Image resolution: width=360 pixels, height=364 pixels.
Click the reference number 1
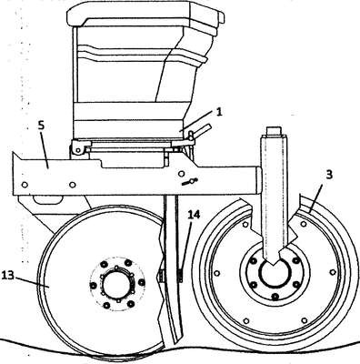[x=219, y=112]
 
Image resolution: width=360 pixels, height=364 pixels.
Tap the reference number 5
[x=41, y=126]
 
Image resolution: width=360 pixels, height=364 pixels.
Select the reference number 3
[x=329, y=175]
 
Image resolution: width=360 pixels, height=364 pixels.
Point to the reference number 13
[x=8, y=276]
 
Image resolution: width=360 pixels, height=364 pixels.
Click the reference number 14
[x=194, y=215]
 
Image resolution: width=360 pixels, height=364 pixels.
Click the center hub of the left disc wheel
[x=117, y=284]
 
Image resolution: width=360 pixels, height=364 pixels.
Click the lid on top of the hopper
[x=145, y=15]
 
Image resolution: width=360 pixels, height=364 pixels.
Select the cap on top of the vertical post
[x=275, y=131]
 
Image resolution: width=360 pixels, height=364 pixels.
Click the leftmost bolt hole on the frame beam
[x=25, y=185]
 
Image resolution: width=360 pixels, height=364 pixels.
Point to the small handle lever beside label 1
[x=201, y=129]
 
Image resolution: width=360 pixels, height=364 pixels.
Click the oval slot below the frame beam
[x=47, y=200]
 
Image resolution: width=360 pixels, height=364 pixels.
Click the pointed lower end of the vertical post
[x=274, y=263]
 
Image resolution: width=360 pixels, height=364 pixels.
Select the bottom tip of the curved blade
[x=175, y=343]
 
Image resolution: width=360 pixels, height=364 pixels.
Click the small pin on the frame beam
[x=190, y=182]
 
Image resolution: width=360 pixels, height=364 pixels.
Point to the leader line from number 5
[x=45, y=149]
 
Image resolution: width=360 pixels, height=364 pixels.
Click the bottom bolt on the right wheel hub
[x=275, y=295]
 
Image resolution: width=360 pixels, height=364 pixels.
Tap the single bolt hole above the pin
[x=181, y=174]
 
